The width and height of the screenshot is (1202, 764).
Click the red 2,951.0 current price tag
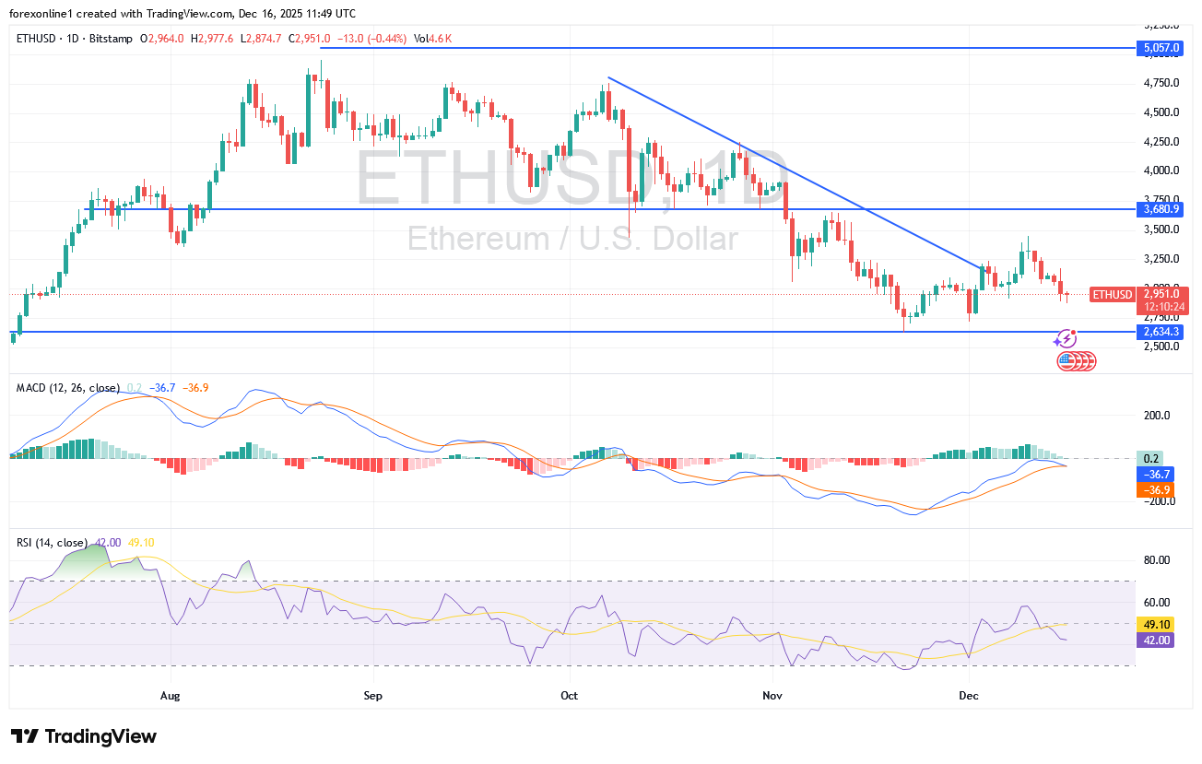pyautogui.click(x=1161, y=294)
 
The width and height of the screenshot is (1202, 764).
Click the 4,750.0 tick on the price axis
pyautogui.click(x=1161, y=83)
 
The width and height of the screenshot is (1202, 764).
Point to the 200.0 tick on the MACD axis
pyautogui.click(x=1158, y=416)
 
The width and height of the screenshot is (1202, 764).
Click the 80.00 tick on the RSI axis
pyautogui.click(x=1157, y=560)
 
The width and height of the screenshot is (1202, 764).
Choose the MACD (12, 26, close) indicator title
pyautogui.click(x=68, y=388)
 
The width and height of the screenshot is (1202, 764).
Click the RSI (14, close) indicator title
pyautogui.click(x=52, y=543)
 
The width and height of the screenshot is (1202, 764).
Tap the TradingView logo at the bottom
pyautogui.click(x=84, y=736)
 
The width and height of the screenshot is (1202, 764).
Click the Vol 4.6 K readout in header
pyautogui.click(x=432, y=39)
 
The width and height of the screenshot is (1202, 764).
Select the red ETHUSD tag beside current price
pyautogui.click(x=1113, y=294)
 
